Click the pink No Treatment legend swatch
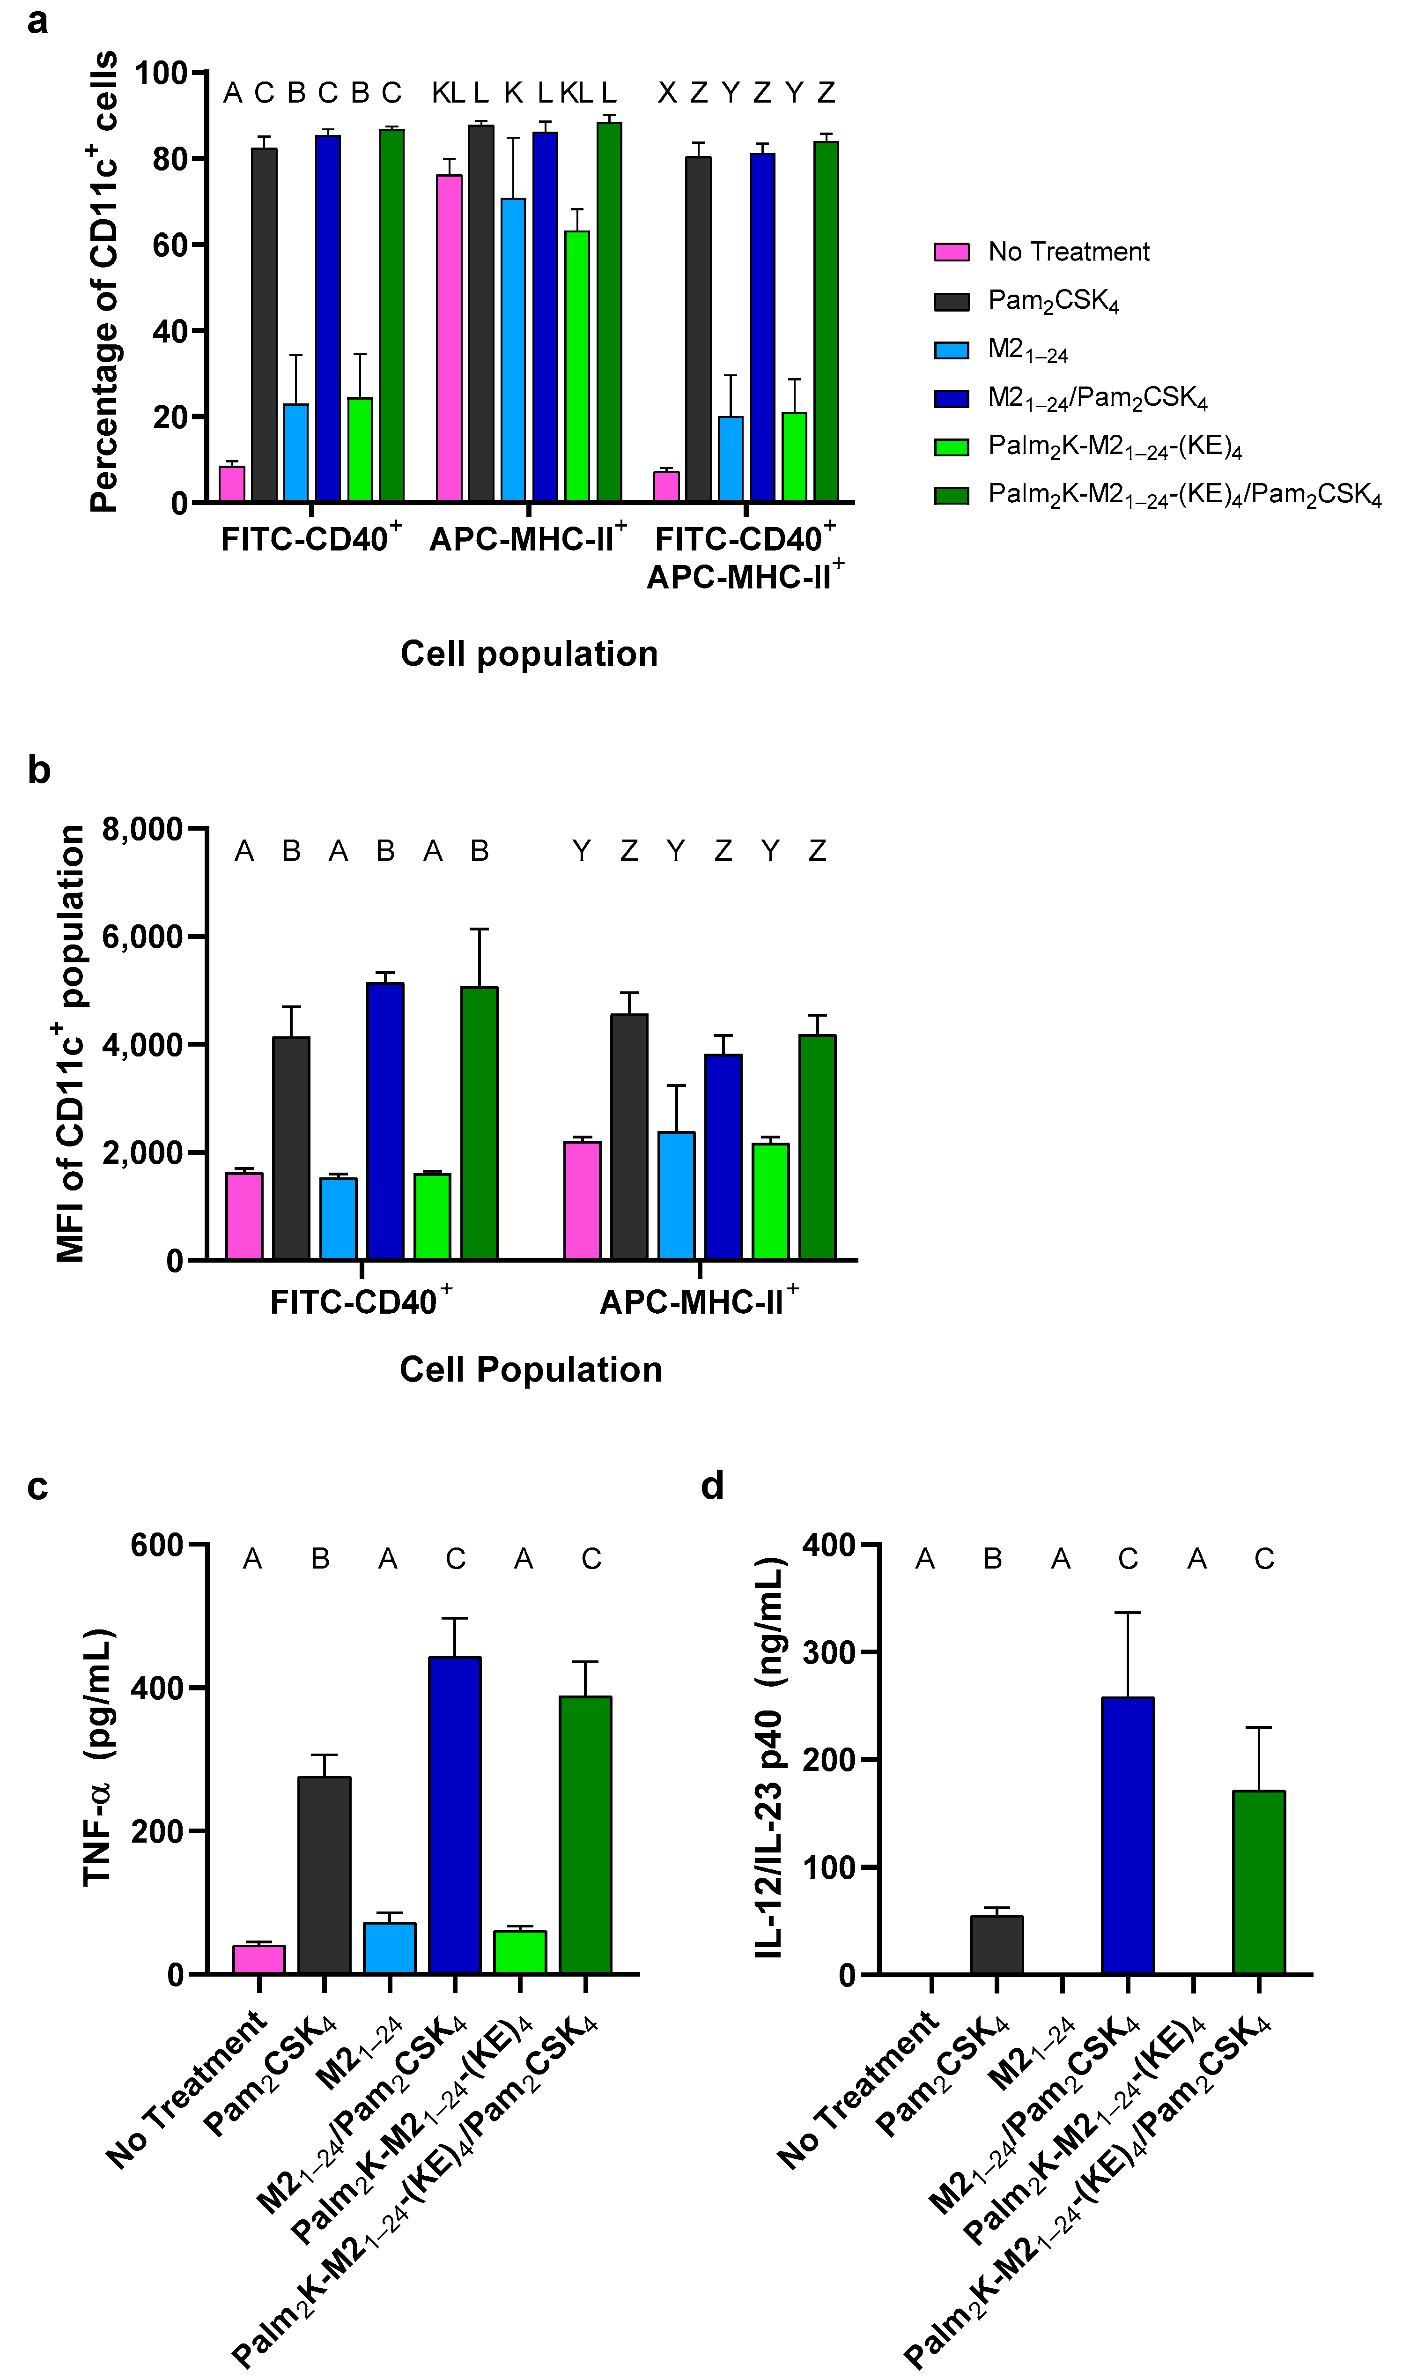click(951, 252)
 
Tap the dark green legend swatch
click(951, 495)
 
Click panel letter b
click(38, 770)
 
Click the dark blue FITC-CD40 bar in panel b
click(385, 1122)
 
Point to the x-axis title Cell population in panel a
click(529, 654)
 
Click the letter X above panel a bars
click(668, 93)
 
